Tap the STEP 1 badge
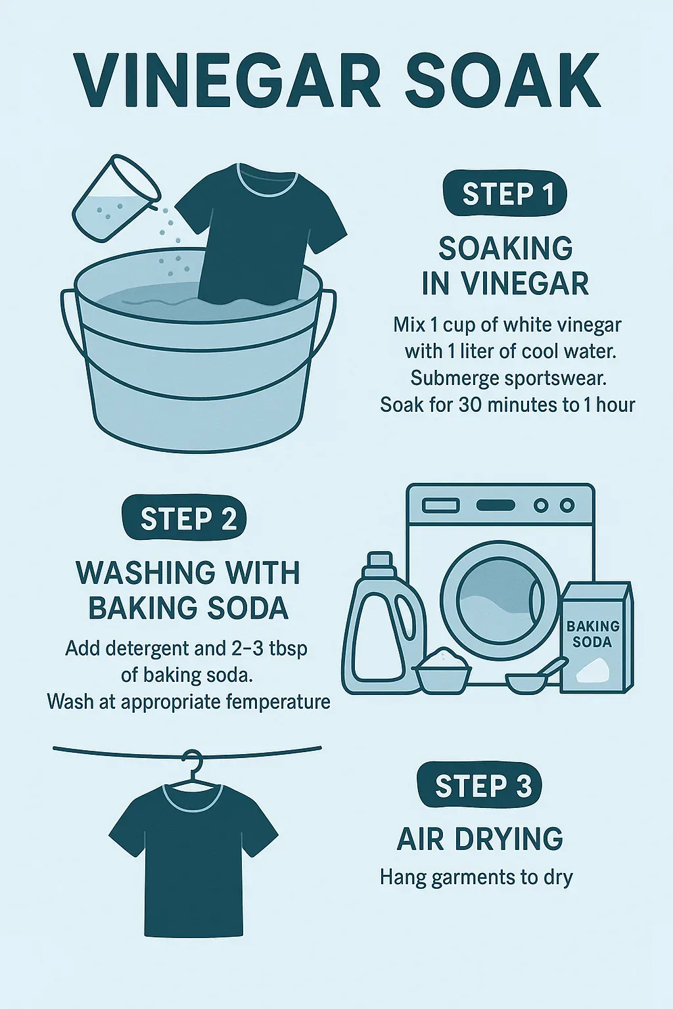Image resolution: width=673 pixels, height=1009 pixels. pyautogui.click(x=505, y=194)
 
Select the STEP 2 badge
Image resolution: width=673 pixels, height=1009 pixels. pyautogui.click(x=185, y=518)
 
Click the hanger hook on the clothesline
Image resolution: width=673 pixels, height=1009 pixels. pyautogui.click(x=193, y=759)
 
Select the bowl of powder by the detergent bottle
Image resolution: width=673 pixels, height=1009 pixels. pyautogui.click(x=444, y=671)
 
